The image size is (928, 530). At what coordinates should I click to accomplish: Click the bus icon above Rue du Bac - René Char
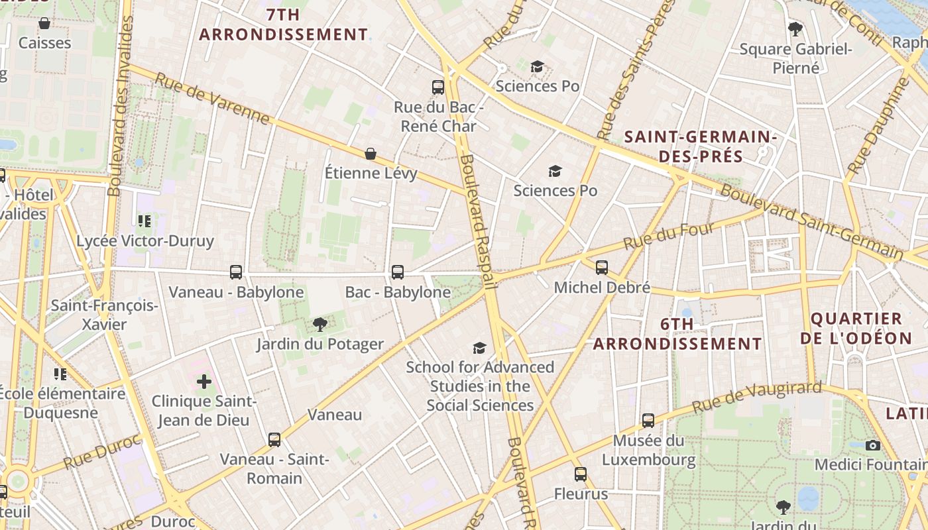(x=437, y=87)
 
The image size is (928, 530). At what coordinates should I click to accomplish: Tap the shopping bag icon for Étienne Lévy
(x=371, y=154)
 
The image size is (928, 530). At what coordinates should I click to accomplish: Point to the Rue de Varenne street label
(x=212, y=99)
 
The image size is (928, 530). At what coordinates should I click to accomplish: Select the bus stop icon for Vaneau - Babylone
(x=236, y=272)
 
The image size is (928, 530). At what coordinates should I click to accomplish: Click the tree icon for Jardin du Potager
(x=320, y=324)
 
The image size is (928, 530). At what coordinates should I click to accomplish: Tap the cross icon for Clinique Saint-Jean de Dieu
(x=204, y=382)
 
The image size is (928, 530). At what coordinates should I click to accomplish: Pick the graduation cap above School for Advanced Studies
(x=479, y=348)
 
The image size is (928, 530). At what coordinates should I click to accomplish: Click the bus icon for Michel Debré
(x=601, y=268)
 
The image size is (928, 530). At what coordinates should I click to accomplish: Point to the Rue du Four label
(x=669, y=237)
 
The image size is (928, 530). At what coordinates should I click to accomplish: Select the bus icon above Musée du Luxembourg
(x=648, y=421)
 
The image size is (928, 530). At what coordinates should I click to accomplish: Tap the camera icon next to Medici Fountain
(x=873, y=445)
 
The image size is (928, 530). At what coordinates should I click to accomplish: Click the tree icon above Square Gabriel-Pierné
(x=795, y=29)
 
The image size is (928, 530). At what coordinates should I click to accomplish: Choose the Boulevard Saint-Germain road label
(x=812, y=222)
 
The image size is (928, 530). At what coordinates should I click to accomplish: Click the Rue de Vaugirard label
(x=756, y=397)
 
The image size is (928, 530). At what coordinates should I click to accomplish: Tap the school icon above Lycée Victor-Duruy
(x=145, y=221)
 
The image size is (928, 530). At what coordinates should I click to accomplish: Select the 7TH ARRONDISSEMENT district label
(x=284, y=25)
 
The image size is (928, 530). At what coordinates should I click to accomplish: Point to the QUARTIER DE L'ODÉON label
(x=856, y=328)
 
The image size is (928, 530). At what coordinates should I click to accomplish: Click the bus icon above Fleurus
(x=581, y=474)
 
